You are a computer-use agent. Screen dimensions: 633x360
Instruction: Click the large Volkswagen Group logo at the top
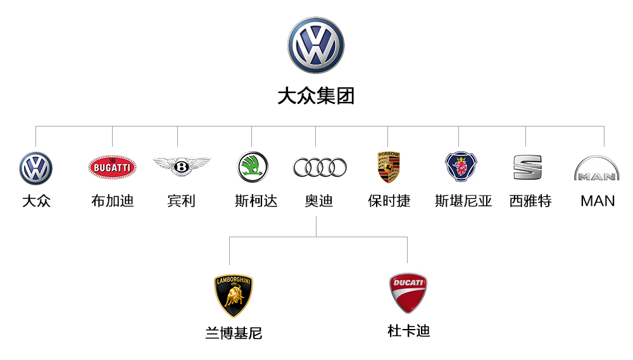click(316, 45)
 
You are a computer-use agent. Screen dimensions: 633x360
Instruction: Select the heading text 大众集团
click(316, 96)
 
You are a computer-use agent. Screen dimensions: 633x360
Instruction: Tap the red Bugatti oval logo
click(112, 167)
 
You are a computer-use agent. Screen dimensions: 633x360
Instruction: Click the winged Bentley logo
click(182, 166)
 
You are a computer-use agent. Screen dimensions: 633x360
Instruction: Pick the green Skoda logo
click(253, 166)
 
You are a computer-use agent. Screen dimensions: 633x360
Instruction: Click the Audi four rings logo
click(320, 167)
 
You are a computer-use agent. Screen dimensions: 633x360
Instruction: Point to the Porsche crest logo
click(389, 167)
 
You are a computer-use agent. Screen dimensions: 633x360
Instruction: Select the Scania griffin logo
click(461, 166)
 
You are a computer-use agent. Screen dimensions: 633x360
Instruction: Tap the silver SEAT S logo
click(527, 167)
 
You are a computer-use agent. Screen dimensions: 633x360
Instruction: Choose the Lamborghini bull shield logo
click(234, 295)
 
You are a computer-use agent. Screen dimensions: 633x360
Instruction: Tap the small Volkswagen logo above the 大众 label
click(35, 168)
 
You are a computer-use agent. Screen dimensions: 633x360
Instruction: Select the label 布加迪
click(112, 201)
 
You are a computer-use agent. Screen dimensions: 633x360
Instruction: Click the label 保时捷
click(389, 201)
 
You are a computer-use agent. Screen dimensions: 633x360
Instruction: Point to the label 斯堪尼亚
click(463, 201)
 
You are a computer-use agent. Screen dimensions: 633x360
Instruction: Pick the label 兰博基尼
click(234, 333)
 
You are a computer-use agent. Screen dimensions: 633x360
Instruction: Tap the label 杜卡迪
click(408, 330)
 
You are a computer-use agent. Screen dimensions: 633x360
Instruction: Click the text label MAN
click(598, 201)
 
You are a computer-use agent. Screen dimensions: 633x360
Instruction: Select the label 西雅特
click(530, 201)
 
